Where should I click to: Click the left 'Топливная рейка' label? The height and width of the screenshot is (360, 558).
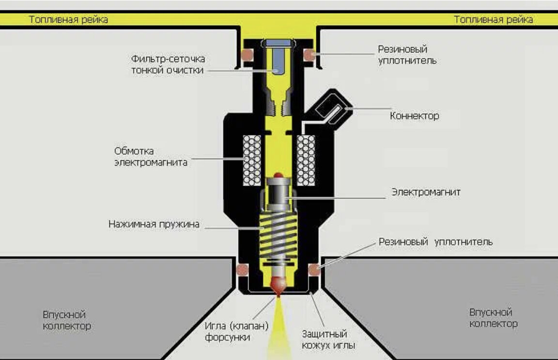(x=68, y=20)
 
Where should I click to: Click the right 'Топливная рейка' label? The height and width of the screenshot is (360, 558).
(x=493, y=20)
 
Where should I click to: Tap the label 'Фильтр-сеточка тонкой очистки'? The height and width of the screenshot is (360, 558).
(x=168, y=64)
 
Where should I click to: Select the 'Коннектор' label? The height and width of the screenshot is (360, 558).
(x=415, y=116)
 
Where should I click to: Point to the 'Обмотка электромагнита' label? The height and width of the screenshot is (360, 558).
(x=151, y=157)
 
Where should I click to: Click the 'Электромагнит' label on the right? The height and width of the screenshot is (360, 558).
(x=426, y=192)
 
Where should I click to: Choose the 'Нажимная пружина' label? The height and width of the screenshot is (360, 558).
(x=154, y=224)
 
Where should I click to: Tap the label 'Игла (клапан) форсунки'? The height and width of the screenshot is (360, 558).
(x=236, y=331)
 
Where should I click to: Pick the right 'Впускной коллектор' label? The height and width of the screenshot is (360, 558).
(x=493, y=318)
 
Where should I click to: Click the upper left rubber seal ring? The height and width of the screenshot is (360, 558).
(x=247, y=53)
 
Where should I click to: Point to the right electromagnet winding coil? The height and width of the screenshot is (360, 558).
(x=306, y=160)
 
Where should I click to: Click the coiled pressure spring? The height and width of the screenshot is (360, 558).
(x=278, y=235)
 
